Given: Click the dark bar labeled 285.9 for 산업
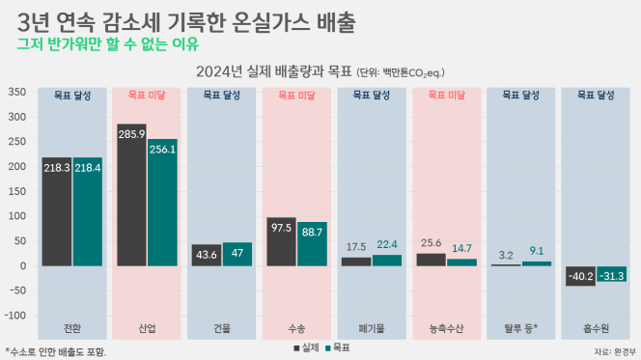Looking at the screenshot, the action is pos(131,195).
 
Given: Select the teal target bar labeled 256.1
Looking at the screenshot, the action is pos(162,203).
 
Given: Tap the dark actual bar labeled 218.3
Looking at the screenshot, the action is pos(57,211).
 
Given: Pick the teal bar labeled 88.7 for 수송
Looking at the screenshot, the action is pos(312,244).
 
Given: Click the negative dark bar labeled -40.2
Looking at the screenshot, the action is pos(580,276).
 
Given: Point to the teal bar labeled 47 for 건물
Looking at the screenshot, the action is pos(237,254).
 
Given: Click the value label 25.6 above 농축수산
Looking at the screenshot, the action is pos(431,243).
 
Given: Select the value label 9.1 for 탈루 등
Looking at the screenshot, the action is pos(537,251).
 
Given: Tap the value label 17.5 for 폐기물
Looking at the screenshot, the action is pos(356,247).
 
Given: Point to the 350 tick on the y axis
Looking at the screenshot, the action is pos(17,92).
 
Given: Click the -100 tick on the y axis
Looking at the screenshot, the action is pos(15,316).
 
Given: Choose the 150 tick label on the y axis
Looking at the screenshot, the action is pos(17,191).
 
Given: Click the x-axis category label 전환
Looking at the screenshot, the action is pos(72,328).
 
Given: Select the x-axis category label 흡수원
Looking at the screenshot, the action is pos(596,328).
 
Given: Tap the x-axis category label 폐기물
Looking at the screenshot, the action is pos(372,328).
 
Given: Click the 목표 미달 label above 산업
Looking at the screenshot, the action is pos(147,96).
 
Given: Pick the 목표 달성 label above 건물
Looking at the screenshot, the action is pos(222,96).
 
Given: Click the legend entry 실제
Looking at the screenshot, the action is pos(307,348).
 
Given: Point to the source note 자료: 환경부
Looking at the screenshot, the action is pos(615,352).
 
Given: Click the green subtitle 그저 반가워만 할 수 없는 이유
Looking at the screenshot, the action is pos(107,43).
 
